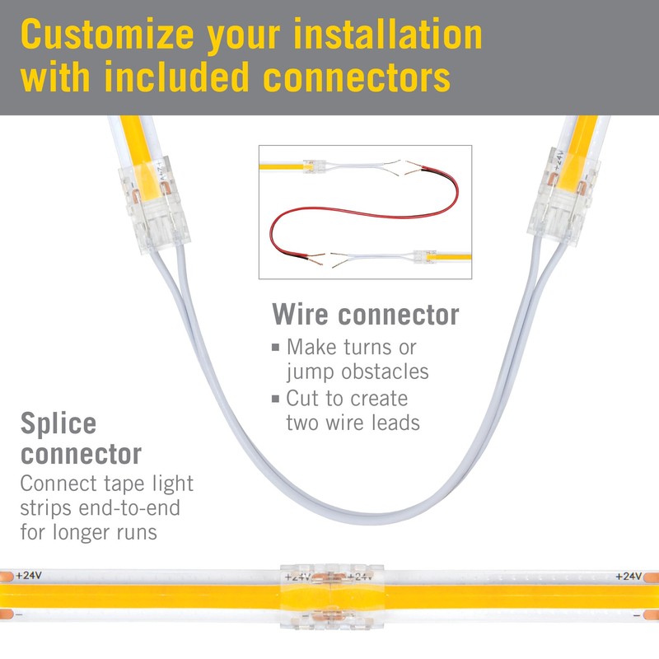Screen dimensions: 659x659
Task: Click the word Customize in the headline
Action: [x=107, y=35]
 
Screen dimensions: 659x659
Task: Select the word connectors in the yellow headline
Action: [x=357, y=77]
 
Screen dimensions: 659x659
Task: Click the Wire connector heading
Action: [x=365, y=315]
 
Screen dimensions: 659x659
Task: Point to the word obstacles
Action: [x=385, y=372]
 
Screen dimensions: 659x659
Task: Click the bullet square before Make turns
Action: [x=276, y=348]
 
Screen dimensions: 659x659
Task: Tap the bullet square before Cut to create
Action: [x=276, y=399]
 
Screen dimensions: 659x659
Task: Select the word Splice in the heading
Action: [x=58, y=424]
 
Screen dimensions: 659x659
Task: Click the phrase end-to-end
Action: [x=129, y=507]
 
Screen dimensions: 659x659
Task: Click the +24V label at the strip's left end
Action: [x=29, y=575]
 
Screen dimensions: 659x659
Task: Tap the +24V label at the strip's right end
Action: [x=629, y=576]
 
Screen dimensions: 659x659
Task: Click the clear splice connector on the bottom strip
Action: [x=332, y=596]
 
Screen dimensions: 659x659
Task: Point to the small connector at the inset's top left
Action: [x=314, y=166]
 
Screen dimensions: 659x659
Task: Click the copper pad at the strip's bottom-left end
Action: [x=7, y=615]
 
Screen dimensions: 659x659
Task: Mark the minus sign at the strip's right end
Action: [x=637, y=615]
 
